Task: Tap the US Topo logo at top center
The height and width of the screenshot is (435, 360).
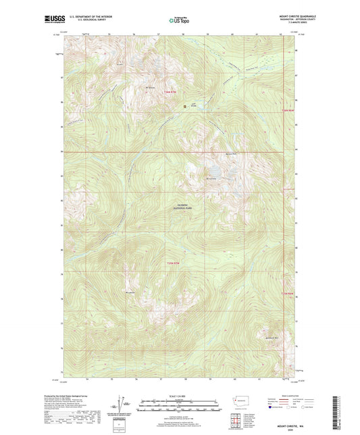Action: click(x=178, y=20)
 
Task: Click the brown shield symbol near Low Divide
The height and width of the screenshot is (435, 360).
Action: click(x=185, y=105)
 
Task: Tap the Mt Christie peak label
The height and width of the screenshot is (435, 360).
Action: click(x=210, y=178)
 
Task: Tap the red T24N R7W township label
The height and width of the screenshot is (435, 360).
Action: click(x=174, y=263)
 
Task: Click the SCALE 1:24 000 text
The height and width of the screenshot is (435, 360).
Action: click(x=178, y=394)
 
